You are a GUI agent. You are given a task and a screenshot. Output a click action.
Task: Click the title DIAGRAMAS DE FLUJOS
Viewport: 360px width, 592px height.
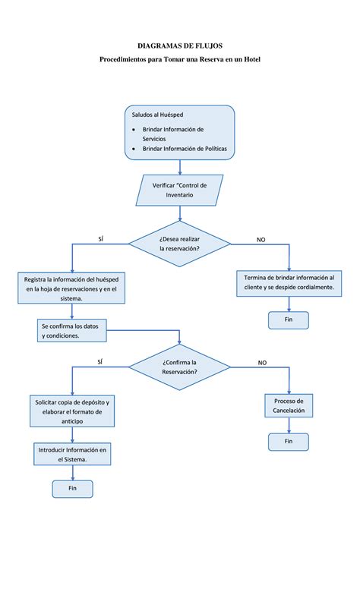(180, 46)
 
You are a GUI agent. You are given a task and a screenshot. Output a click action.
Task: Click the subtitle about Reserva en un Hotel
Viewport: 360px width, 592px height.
(180, 59)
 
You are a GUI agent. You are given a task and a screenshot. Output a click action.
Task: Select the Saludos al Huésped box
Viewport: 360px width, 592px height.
(179, 133)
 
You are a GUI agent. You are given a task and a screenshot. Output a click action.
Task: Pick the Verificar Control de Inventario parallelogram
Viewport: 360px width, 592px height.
(179, 190)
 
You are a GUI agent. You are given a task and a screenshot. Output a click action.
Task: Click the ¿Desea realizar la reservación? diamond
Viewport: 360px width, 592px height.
(179, 244)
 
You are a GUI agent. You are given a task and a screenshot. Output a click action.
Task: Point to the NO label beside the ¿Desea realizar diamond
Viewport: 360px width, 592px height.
(261, 239)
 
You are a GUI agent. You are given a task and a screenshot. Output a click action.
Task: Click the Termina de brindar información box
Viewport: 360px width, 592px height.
(289, 282)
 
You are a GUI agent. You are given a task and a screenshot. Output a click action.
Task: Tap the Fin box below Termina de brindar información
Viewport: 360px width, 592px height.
(289, 320)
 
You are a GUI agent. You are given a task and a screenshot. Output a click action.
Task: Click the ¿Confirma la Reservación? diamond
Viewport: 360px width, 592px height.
(179, 367)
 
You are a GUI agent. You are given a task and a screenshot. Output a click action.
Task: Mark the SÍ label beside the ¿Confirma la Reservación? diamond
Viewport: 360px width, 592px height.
(101, 362)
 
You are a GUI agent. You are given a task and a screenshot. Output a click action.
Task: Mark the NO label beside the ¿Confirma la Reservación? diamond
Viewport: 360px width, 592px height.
(262, 363)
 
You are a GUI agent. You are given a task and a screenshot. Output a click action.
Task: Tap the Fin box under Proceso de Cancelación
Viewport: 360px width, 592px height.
(289, 441)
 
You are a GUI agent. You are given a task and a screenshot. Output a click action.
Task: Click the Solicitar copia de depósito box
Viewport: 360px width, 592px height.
(71, 411)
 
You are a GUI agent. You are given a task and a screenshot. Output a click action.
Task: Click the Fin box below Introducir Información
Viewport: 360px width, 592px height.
(72, 489)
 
